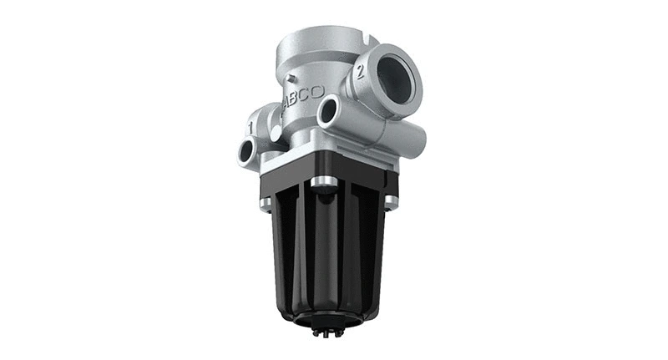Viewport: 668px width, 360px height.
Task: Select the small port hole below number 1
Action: point(247,150)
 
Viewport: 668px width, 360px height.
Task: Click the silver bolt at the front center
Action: point(324,181)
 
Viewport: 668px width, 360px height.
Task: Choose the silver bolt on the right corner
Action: point(390,200)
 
